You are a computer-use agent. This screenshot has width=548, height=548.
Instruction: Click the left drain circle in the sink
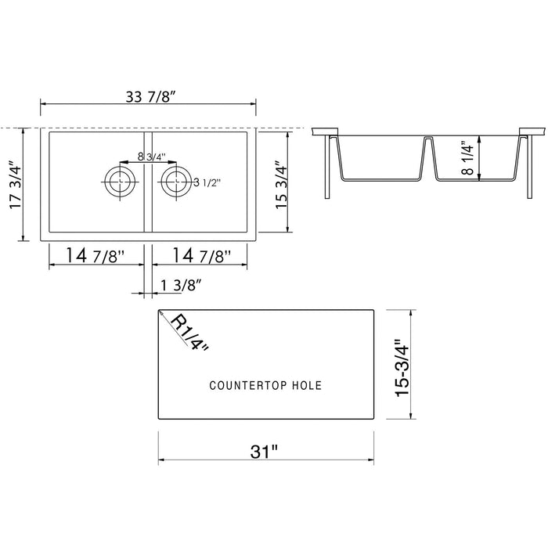[x=120, y=182]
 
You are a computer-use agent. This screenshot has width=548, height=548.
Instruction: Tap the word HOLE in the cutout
[x=304, y=385]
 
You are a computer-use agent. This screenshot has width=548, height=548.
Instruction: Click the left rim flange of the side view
[x=325, y=130]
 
